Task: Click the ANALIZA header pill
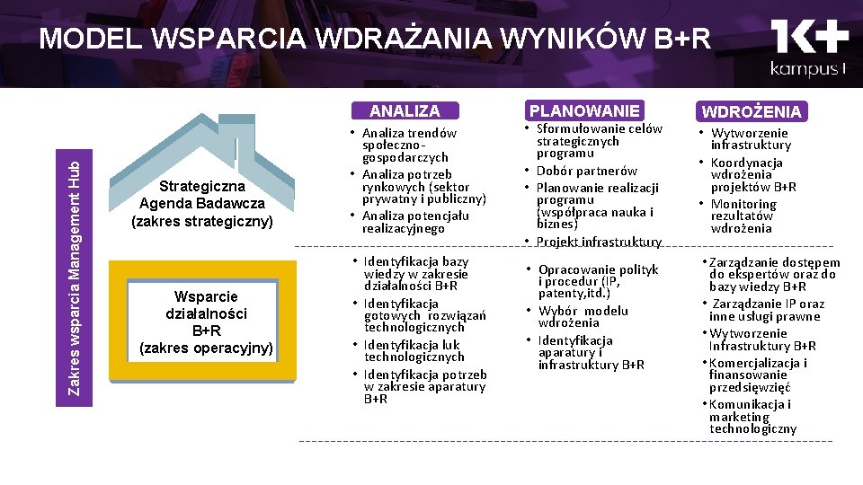pyautogui.click(x=405, y=110)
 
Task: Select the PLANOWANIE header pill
pyautogui.click(x=584, y=110)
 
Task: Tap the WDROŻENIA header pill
pyautogui.click(x=752, y=111)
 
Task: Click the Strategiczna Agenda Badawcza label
pyautogui.click(x=201, y=203)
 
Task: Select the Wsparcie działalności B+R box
pyautogui.click(x=206, y=322)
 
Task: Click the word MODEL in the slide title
pyautogui.click(x=89, y=39)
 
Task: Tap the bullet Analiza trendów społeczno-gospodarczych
pyautogui.click(x=409, y=145)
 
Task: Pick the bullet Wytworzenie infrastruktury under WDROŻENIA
pyautogui.click(x=751, y=138)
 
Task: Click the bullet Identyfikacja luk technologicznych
pyautogui.click(x=414, y=350)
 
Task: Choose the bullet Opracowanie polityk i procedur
pyautogui.click(x=598, y=281)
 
